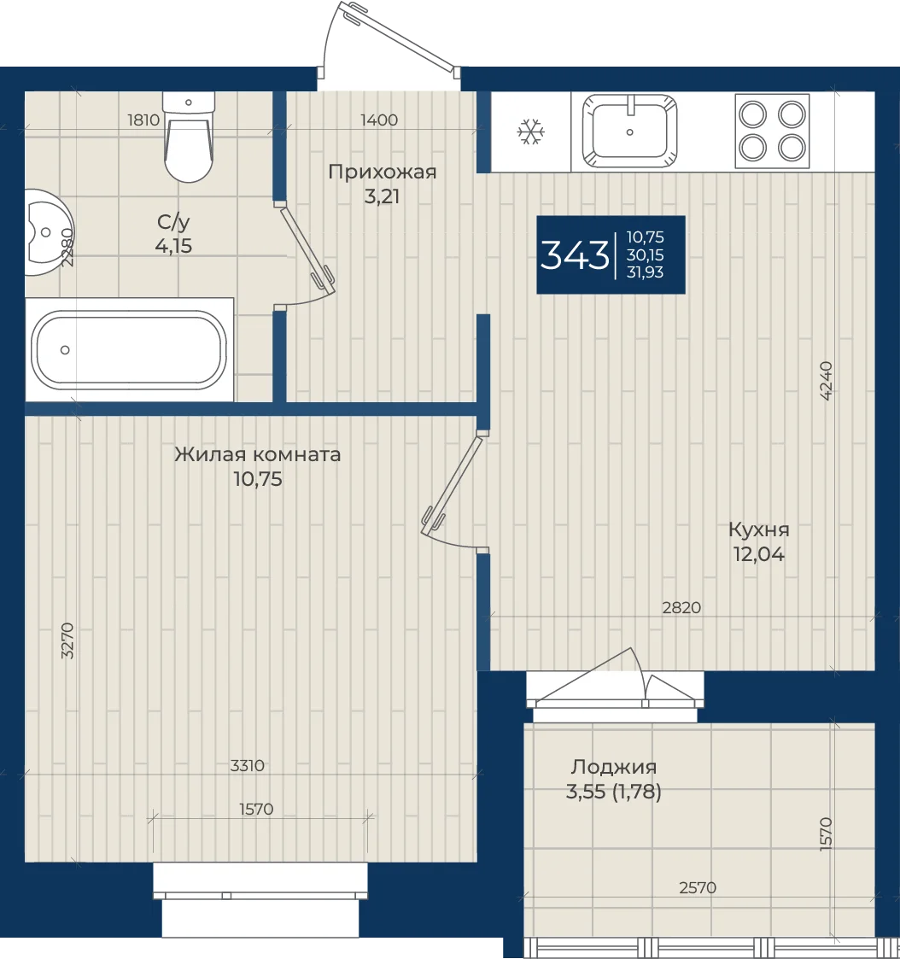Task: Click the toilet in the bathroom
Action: (x=189, y=137)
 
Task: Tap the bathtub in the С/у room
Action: (x=129, y=349)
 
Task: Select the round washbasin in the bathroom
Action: (x=49, y=231)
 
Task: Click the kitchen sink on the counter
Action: (x=630, y=131)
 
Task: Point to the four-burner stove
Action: (x=772, y=131)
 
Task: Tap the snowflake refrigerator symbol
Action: (x=531, y=132)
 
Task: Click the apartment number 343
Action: (x=575, y=255)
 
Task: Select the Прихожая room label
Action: (x=383, y=172)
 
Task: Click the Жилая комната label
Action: (x=257, y=454)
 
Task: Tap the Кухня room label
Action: (x=759, y=529)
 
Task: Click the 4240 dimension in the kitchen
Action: (x=826, y=380)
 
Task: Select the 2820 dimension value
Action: (x=681, y=607)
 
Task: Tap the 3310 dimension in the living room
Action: (x=248, y=765)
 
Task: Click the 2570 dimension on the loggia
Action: (x=698, y=886)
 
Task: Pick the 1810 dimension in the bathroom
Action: (x=143, y=120)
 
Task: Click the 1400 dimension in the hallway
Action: (x=379, y=120)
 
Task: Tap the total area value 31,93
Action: (x=645, y=272)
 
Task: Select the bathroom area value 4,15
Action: (x=173, y=246)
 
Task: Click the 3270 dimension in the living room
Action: (x=67, y=640)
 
